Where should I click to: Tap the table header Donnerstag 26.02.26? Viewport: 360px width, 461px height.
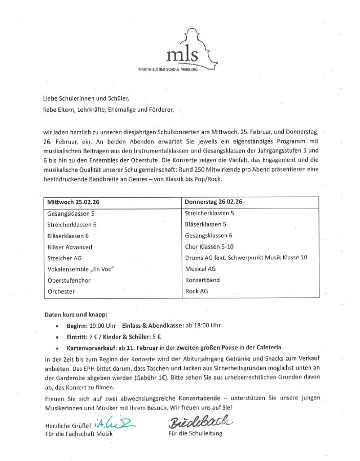pos(214,202)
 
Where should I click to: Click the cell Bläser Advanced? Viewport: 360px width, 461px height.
pos(70,247)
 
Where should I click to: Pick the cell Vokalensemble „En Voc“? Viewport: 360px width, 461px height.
pos(80,269)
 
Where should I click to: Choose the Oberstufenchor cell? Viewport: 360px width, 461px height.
pos(69,280)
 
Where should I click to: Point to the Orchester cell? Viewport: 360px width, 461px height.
pos(61,291)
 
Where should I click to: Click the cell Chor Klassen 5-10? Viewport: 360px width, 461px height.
pos(209,246)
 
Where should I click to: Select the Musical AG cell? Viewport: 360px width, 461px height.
pos(200,268)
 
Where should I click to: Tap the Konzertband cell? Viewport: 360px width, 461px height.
pos(203,280)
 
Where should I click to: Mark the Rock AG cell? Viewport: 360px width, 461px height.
pos(197,291)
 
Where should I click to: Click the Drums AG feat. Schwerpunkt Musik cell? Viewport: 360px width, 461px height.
pos(246,258)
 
